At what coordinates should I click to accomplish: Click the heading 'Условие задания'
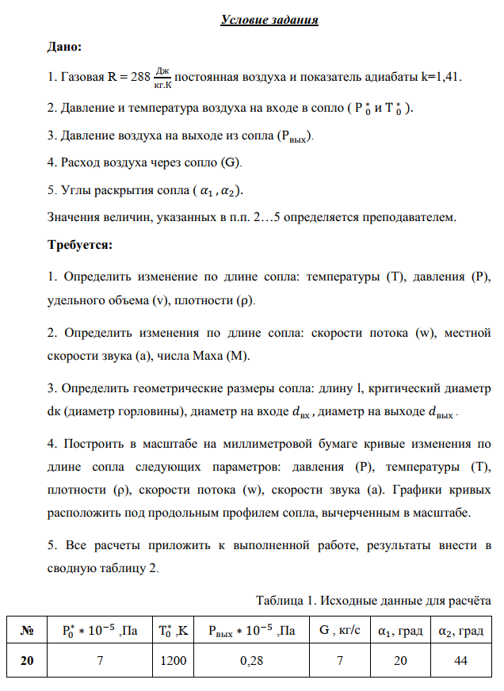click(x=269, y=20)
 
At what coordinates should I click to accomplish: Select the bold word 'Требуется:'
click(x=80, y=245)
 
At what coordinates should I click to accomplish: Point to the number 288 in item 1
click(x=139, y=78)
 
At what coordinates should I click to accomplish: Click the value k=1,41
click(x=441, y=78)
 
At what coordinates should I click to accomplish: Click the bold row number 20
click(x=26, y=662)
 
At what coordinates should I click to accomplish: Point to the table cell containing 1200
click(x=172, y=662)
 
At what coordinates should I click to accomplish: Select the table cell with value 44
click(x=461, y=662)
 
